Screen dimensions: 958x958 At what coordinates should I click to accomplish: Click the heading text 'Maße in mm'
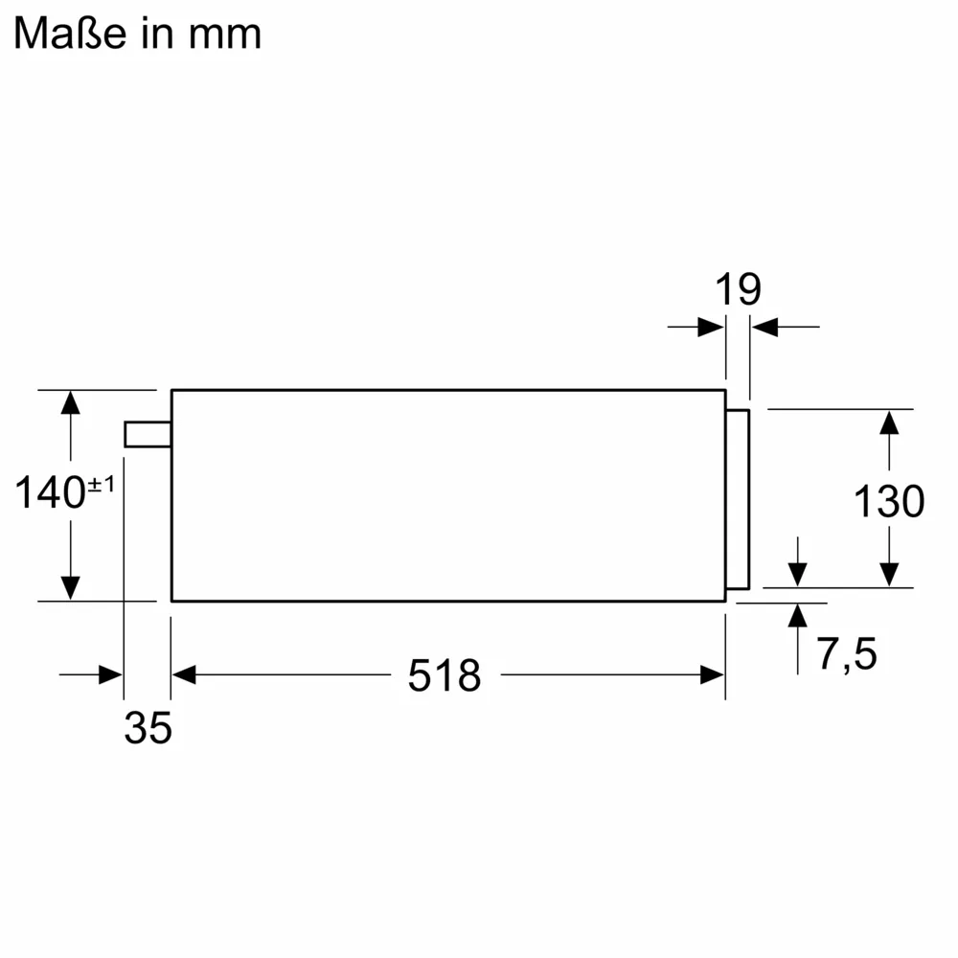[137, 34]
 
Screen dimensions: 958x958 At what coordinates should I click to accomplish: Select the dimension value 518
[444, 676]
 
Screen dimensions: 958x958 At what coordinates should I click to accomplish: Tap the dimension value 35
[148, 728]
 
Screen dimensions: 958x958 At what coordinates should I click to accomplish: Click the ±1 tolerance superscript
[102, 486]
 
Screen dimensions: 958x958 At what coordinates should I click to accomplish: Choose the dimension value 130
[889, 501]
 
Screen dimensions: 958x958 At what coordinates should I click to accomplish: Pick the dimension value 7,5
[847, 654]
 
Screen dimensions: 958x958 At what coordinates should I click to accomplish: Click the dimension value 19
[738, 289]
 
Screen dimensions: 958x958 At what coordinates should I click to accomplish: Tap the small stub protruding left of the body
[148, 434]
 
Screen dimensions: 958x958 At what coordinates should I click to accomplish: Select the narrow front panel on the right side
[738, 499]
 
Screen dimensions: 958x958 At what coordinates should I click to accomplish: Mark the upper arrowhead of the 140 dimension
[70, 402]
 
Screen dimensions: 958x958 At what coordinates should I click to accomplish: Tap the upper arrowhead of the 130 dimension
[889, 422]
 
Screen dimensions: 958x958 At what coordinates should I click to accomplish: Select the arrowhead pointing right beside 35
[111, 675]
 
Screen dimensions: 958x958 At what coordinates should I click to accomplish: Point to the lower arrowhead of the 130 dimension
[889, 574]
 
